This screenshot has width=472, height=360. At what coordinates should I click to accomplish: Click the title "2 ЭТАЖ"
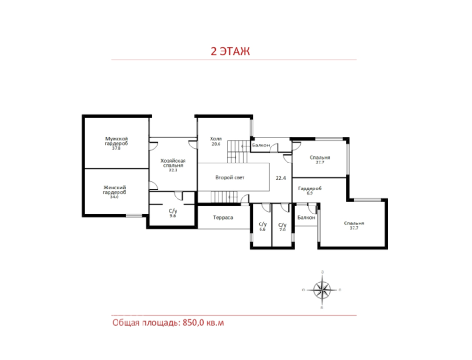click(230, 51)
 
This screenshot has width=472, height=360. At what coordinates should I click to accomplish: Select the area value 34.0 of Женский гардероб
click(114, 197)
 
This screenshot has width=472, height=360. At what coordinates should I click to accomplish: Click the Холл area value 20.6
click(216, 144)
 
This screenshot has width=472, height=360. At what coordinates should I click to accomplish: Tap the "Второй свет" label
click(230, 178)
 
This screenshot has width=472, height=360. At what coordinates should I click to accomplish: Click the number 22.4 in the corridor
click(280, 178)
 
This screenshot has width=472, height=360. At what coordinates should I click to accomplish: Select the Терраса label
click(223, 217)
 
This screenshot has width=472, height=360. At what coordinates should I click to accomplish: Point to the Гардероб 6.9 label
click(310, 190)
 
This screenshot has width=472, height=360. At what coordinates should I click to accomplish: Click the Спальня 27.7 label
click(320, 160)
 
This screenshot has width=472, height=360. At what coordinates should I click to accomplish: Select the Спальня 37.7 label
click(354, 225)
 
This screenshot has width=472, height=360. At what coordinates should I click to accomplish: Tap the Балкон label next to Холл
click(261, 145)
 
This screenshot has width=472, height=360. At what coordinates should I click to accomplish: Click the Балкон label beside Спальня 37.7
click(306, 217)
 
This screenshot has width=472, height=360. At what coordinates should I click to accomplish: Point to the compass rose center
click(322, 290)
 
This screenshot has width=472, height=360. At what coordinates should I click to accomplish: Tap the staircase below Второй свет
click(224, 197)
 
